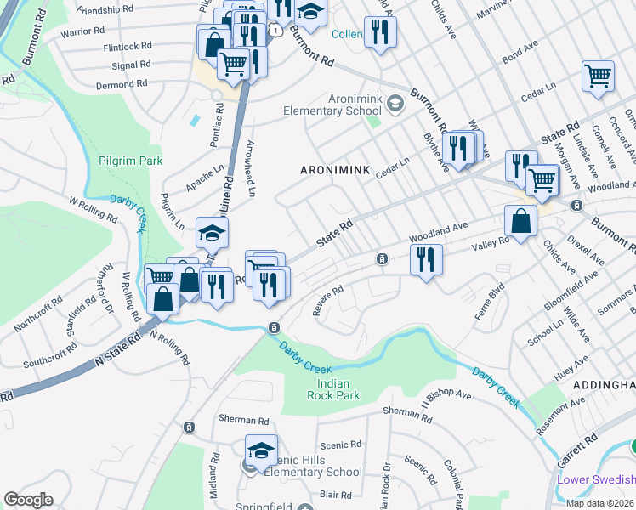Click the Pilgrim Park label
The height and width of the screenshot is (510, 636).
[x=130, y=160]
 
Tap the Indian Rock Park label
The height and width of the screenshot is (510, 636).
[x=333, y=388]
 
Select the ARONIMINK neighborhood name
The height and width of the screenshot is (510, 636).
[x=335, y=170]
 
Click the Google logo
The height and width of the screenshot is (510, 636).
[x=28, y=500]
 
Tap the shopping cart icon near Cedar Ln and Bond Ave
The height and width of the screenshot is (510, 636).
[x=599, y=76]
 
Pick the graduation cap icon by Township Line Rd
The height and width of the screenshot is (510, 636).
[x=213, y=231]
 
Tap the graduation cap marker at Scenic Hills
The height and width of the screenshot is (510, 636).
[x=262, y=448]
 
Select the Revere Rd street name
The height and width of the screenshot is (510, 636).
[x=327, y=300]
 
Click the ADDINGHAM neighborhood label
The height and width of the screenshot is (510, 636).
[x=604, y=385]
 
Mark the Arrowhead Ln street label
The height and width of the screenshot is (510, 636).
[x=250, y=168]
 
